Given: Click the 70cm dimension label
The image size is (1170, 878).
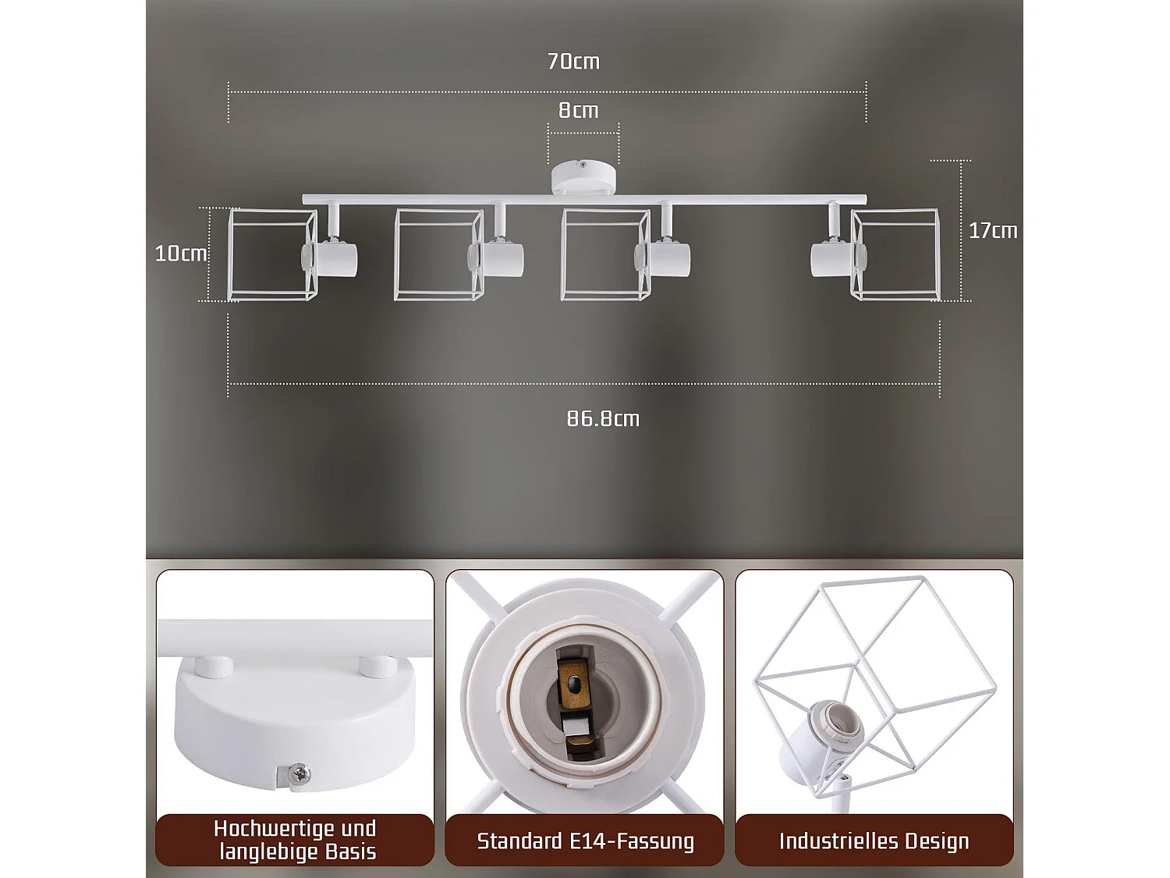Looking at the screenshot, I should pyautogui.click(x=573, y=62).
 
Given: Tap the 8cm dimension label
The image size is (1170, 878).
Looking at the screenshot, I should pyautogui.click(x=578, y=111).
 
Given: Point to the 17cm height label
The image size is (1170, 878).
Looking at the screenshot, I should pyautogui.click(x=992, y=231).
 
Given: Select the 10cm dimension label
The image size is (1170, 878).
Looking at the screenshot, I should pyautogui.click(x=181, y=254).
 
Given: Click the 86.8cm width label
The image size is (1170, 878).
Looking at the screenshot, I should pyautogui.click(x=603, y=418).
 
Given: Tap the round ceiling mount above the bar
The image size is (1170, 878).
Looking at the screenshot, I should pyautogui.click(x=583, y=179).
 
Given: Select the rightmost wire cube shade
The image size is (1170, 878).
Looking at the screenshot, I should pyautogui.click(x=896, y=254).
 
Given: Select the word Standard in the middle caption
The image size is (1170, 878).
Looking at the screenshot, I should pyautogui.click(x=519, y=841).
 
